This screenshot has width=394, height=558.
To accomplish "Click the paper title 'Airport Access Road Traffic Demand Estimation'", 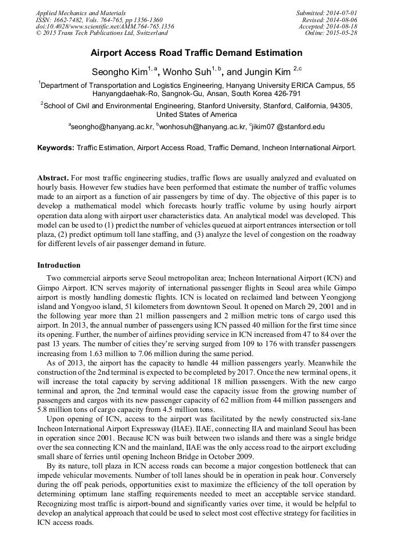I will click(x=196, y=53).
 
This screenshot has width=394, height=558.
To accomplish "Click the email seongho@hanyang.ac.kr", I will click(x=112, y=126).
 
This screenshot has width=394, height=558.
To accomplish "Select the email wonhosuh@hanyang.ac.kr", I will click(x=201, y=126).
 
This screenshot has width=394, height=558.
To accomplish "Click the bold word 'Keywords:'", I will click(x=56, y=148).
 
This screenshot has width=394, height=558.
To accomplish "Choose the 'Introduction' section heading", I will click(x=59, y=265).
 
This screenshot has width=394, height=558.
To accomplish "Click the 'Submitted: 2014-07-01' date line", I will click(x=327, y=13).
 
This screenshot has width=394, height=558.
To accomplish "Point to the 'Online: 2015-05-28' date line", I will click(x=331, y=33).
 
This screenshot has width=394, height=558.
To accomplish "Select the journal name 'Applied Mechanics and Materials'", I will click(x=80, y=13).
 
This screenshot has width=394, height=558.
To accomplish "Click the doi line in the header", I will click(x=105, y=26).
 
